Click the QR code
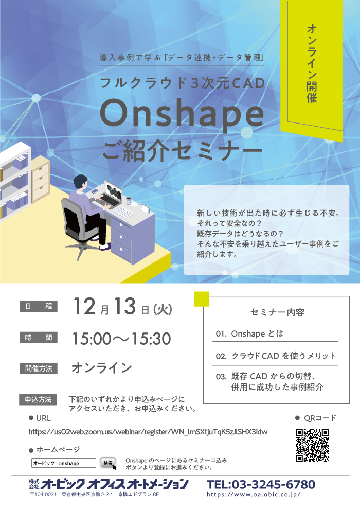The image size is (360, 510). tap(312, 445)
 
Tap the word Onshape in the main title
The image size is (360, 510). tap(182, 114)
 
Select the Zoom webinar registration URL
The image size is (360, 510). tap(148, 432)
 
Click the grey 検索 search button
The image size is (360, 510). tap(108, 463)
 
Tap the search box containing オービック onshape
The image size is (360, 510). tap(64, 463)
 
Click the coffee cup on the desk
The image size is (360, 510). tap(129, 201)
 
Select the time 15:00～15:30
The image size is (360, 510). tap(121, 339)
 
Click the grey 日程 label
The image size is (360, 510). tap(39, 306)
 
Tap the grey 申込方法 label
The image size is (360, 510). tap(39, 400)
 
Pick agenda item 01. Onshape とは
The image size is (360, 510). tap(249, 333)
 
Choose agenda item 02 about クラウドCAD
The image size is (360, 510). tap(276, 356)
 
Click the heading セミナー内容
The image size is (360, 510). tap(277, 312)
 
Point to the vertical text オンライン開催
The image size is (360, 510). tap(312, 63)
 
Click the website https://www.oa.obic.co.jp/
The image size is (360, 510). tap(254, 495)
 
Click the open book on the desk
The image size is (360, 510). tap(123, 213)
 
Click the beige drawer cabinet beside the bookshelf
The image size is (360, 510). tap(40, 179)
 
